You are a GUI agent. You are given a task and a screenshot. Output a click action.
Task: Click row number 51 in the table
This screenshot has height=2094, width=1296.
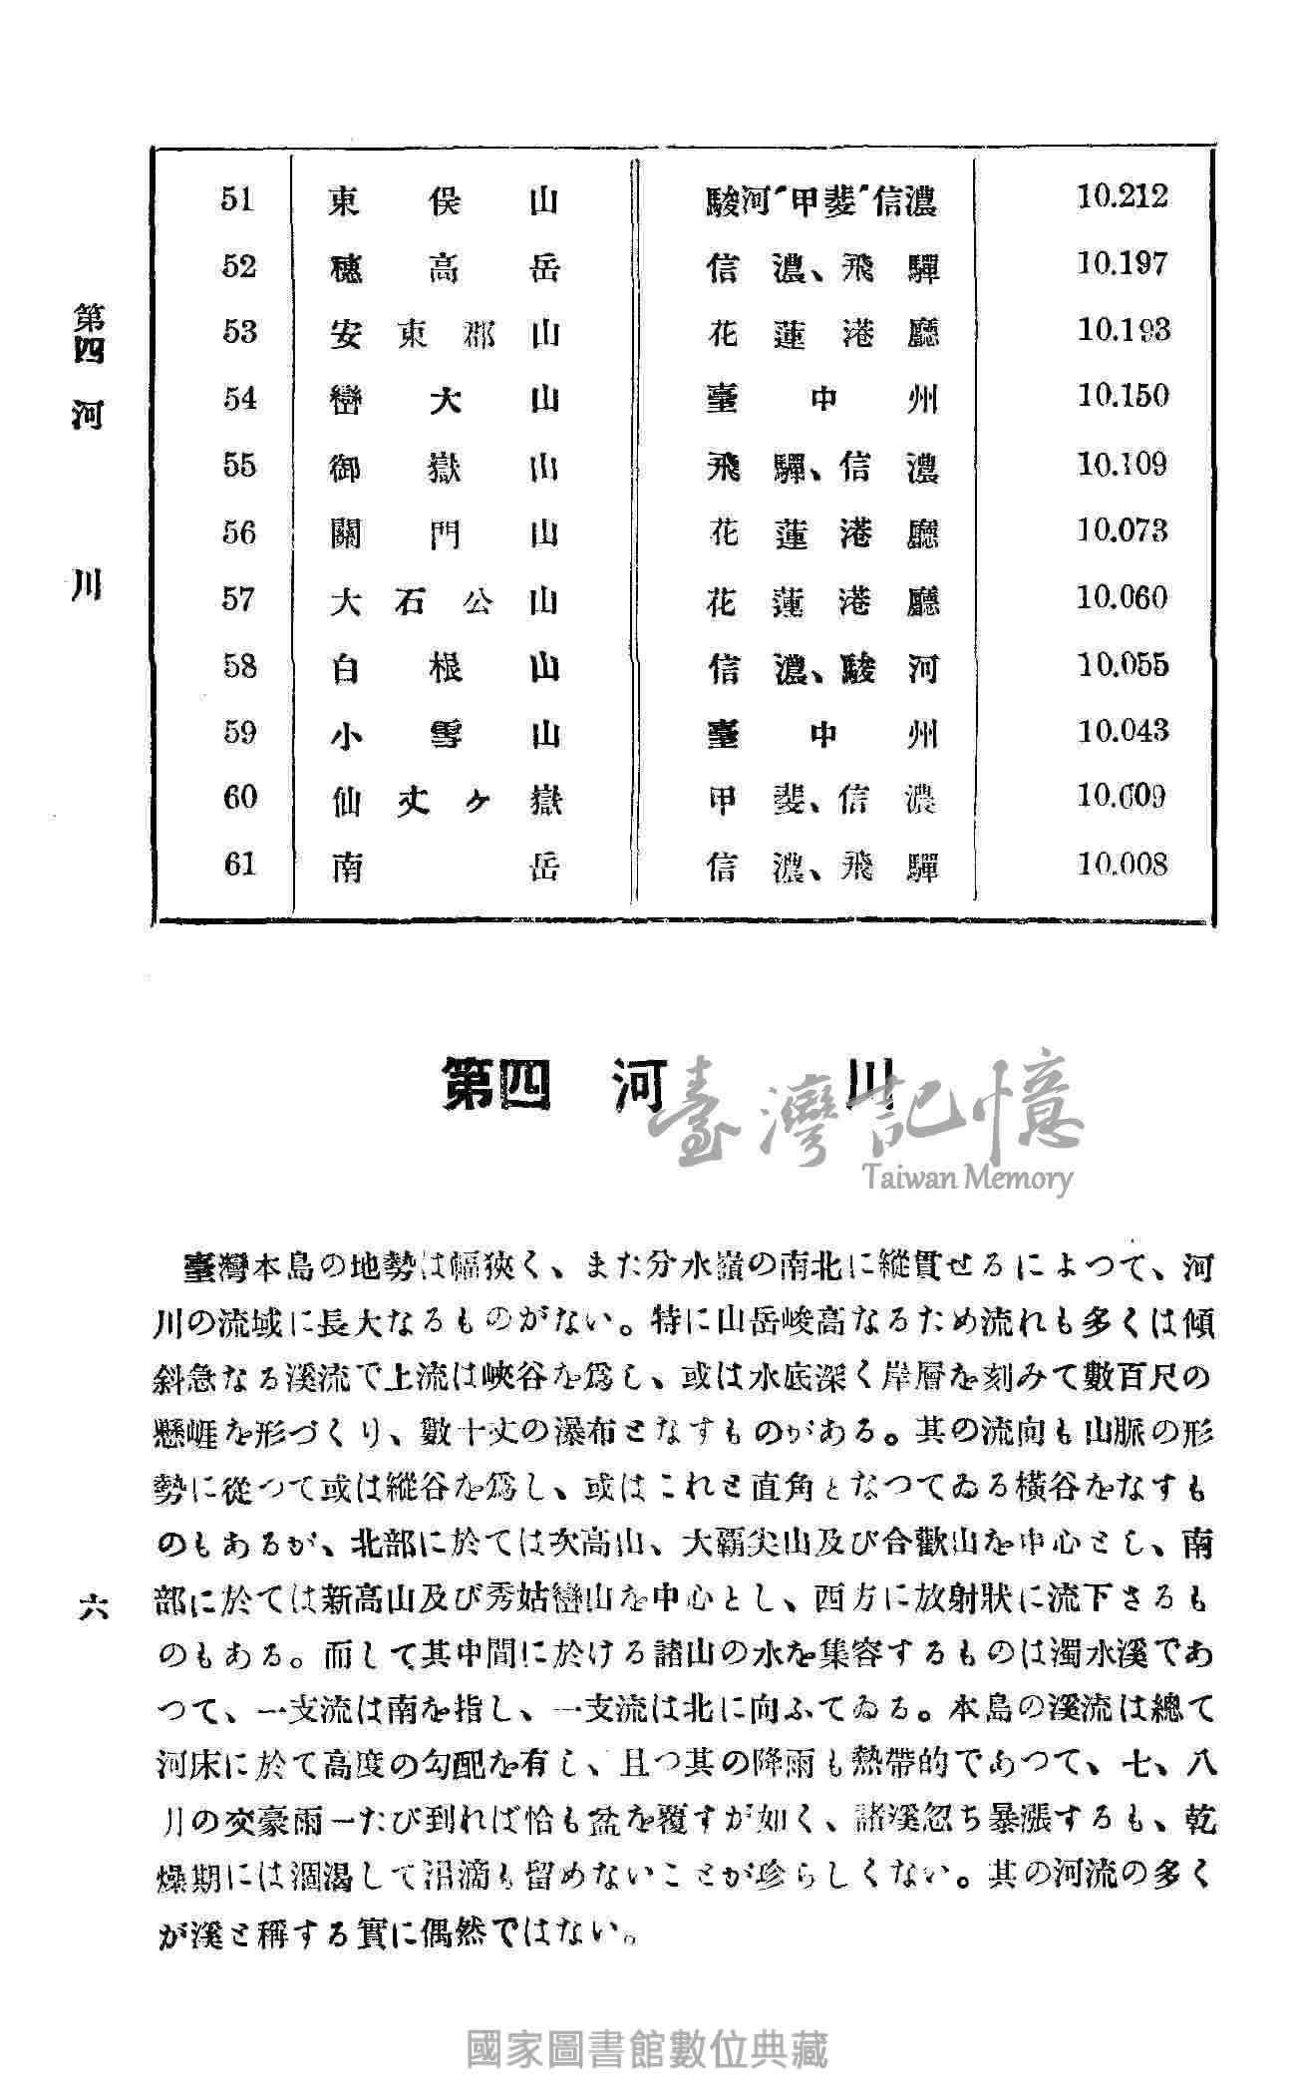click(x=238, y=199)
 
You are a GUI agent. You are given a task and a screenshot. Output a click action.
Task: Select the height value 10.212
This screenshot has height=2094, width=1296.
click(x=1122, y=195)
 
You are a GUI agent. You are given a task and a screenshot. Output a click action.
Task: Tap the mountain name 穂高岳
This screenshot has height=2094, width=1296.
click(x=444, y=268)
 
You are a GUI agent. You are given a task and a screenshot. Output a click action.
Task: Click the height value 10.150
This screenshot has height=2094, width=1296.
click(x=1122, y=396)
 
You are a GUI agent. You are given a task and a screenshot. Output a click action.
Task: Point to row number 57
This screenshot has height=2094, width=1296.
click(x=238, y=599)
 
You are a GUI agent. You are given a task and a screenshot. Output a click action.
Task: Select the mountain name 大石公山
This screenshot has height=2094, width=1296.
click(x=444, y=602)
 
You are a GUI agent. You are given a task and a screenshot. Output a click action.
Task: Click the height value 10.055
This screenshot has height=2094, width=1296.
click(x=1122, y=664)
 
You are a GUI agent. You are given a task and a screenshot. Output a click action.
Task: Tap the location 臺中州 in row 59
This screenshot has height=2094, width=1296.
click(x=822, y=735)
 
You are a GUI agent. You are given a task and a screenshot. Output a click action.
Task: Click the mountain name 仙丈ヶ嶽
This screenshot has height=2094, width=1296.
click(x=445, y=801)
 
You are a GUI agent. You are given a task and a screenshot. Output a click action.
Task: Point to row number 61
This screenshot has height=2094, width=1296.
click(x=238, y=864)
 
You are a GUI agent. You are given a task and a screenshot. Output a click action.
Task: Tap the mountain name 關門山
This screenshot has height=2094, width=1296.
click(x=444, y=535)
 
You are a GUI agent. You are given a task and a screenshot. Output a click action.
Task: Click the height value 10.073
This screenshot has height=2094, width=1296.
click(x=1122, y=529)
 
